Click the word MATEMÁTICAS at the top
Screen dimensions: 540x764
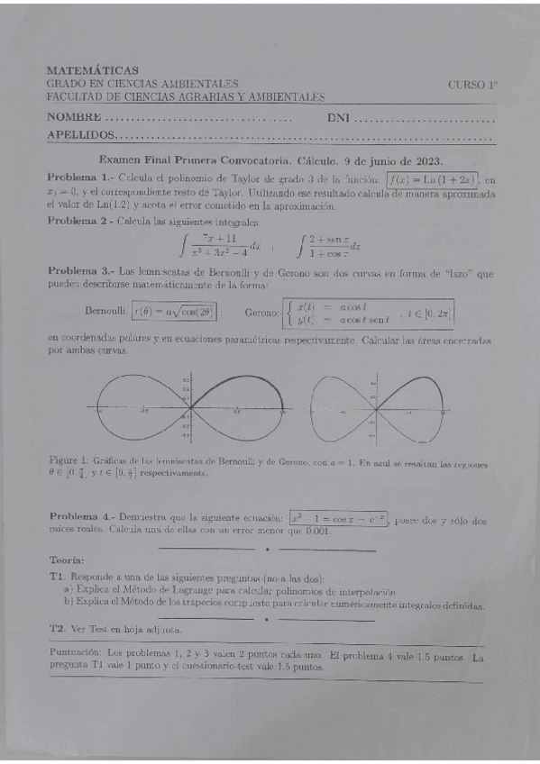point(93,70)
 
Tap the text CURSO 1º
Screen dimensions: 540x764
point(472,84)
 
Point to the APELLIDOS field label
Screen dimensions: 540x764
point(81,135)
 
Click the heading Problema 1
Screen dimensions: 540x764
point(80,177)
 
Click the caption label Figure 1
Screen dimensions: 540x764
point(67,461)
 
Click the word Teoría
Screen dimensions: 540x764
point(68,559)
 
